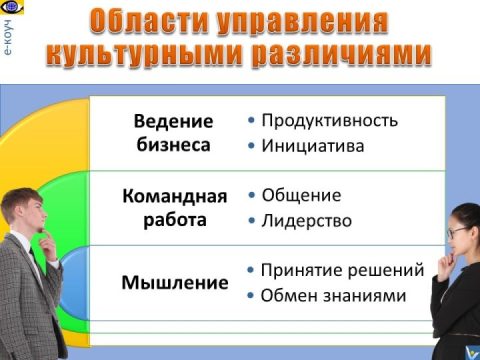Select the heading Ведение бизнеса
pos(174,132)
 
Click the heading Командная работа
pos(174,207)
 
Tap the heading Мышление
pos(174,282)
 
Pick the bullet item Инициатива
pos(312,146)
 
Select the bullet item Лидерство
pos(306,220)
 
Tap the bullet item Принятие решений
pos(342,270)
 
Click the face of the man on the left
pos(27,211)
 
